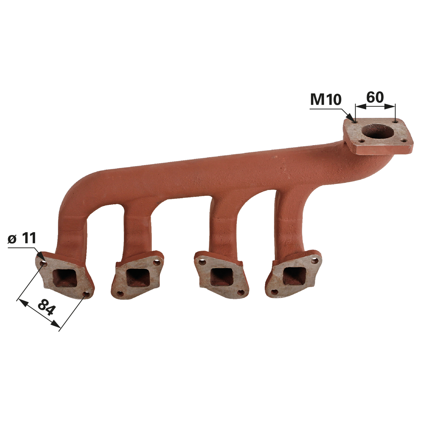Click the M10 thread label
click(326, 100)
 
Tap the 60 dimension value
click(375, 97)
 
